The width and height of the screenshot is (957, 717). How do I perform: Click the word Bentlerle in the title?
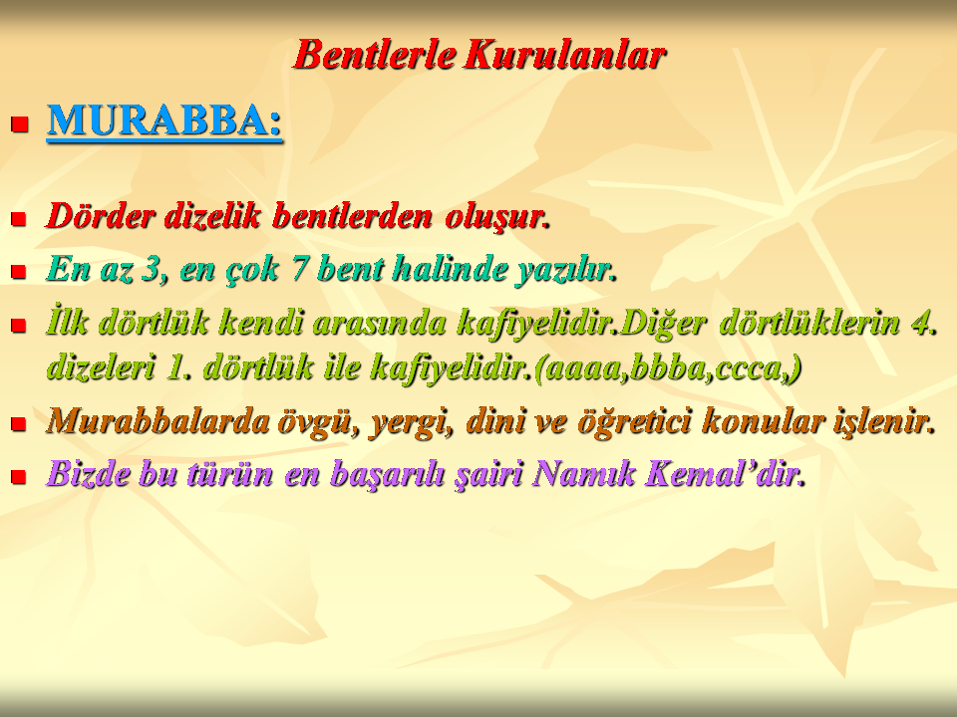375,55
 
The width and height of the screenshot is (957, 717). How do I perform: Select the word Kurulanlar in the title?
564,55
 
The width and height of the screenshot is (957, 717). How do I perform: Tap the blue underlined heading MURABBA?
164,120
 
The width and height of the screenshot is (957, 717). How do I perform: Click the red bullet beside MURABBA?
20,123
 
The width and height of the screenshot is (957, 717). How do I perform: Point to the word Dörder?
101,216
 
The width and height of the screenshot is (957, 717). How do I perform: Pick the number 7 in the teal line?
298,269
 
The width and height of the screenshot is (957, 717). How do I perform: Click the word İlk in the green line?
66,322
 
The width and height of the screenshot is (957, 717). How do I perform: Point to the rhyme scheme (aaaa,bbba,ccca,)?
667,367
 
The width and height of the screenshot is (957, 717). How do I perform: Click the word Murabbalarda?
158,421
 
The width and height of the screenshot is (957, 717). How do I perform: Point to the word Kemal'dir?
707,474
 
